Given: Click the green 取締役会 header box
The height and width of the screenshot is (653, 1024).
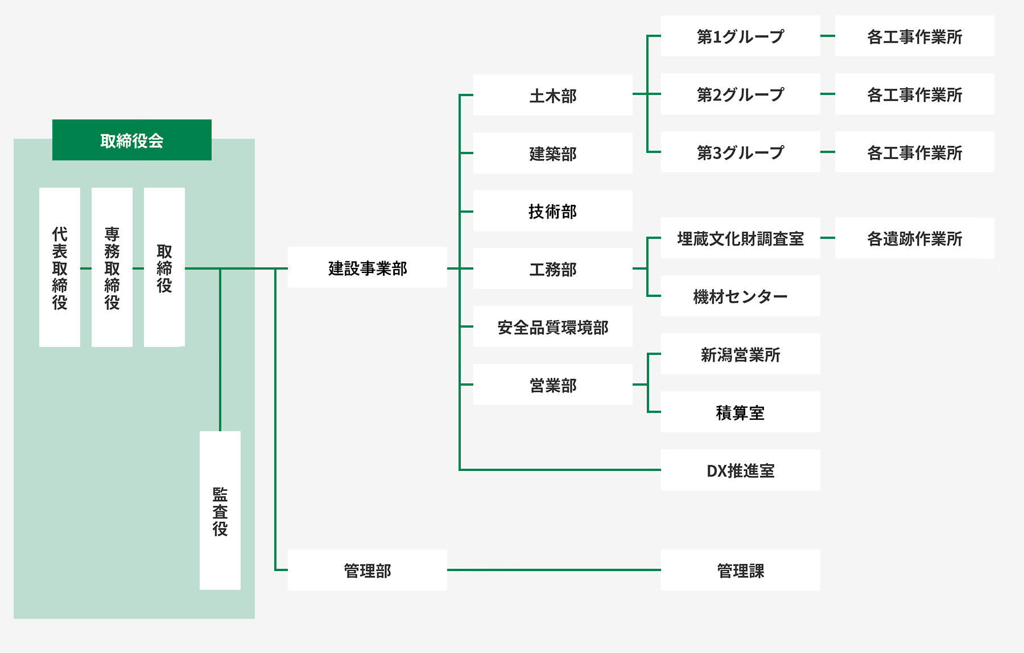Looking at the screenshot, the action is (132, 140).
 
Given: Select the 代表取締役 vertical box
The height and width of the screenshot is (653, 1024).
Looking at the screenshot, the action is (60, 267).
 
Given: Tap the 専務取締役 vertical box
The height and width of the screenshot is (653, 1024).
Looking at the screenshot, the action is (112, 267).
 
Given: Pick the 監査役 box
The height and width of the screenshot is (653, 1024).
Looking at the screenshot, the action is (220, 510).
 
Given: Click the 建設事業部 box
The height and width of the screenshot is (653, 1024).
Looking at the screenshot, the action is (368, 267).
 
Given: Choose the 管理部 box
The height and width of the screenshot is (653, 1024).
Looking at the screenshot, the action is (368, 570).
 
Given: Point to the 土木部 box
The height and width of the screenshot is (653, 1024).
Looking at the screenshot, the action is (553, 95).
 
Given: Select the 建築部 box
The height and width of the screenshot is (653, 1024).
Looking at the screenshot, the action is (553, 153).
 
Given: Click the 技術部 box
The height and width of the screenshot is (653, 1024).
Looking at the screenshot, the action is (553, 210).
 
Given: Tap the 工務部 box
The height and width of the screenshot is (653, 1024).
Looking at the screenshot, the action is (553, 268).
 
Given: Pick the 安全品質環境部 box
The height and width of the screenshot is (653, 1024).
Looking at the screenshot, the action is (553, 326).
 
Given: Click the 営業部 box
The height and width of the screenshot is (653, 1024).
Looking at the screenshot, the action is (553, 385).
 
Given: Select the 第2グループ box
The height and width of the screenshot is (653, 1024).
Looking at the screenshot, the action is (741, 94).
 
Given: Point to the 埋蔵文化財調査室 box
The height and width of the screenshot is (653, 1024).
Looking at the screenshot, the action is (741, 238).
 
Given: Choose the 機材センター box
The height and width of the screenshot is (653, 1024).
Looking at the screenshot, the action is (741, 296).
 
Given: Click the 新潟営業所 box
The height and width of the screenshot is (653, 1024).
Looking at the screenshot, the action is (741, 354).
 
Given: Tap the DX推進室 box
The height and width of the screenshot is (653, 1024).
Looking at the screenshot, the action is (741, 470).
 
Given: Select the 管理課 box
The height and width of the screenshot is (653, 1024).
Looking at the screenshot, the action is (741, 570).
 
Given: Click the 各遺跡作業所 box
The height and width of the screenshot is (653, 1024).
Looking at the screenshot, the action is (915, 238).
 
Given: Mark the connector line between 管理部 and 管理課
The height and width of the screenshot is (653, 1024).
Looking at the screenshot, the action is (554, 569).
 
